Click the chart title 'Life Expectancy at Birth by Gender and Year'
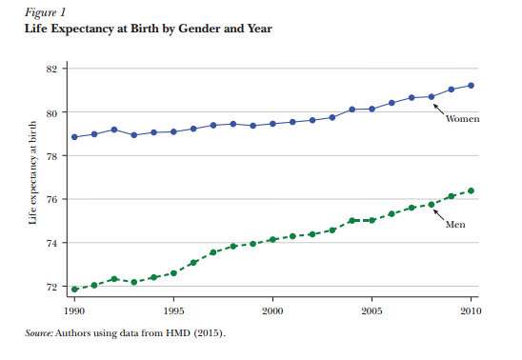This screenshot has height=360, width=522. point(148,29)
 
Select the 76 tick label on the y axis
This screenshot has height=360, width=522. point(52,199)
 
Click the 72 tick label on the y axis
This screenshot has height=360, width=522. point(52,287)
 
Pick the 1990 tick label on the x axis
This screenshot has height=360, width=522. point(74,310)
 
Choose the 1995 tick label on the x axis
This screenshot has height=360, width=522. point(173,310)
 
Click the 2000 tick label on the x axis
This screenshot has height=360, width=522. point(272,310)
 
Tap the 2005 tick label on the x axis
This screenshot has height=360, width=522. point(371,310)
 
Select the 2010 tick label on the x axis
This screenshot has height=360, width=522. point(470,310)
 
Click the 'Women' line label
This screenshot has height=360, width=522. point(462,119)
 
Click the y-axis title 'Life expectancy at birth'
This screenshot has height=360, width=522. point(33,181)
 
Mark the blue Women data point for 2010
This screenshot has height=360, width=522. point(471,86)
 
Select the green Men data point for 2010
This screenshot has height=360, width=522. point(471,190)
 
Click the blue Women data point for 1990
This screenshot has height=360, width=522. point(74,137)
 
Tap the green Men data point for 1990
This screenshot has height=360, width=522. point(74,289)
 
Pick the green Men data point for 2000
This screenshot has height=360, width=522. point(272,239)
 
